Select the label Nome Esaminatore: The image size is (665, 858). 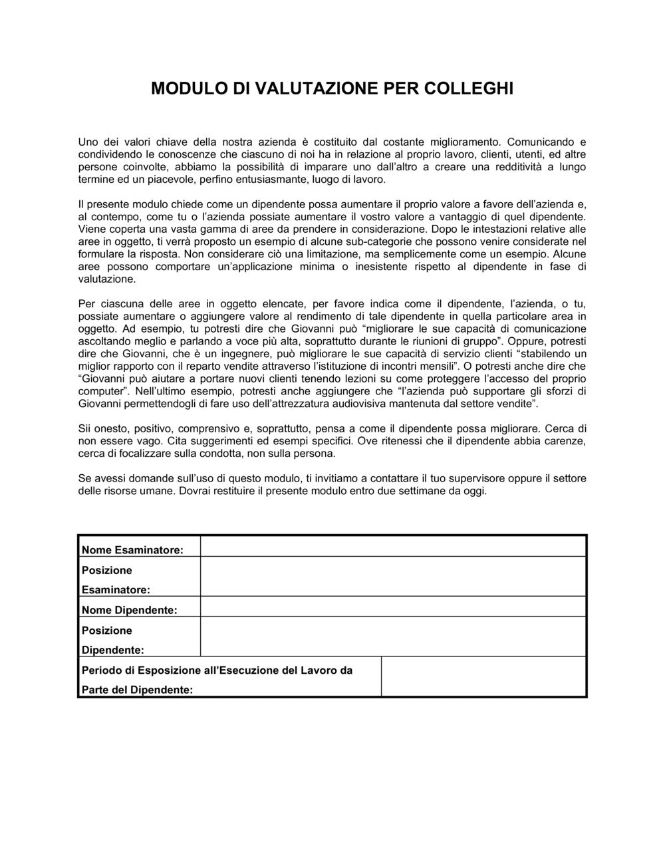(132, 550)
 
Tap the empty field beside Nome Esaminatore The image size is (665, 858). (392, 547)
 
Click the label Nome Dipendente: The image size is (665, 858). (129, 610)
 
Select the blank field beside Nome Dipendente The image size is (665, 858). (392, 607)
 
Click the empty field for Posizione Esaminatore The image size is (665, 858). (392, 577)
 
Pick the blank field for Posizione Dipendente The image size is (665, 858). (392, 637)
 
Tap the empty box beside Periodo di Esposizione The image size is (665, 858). (483, 676)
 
